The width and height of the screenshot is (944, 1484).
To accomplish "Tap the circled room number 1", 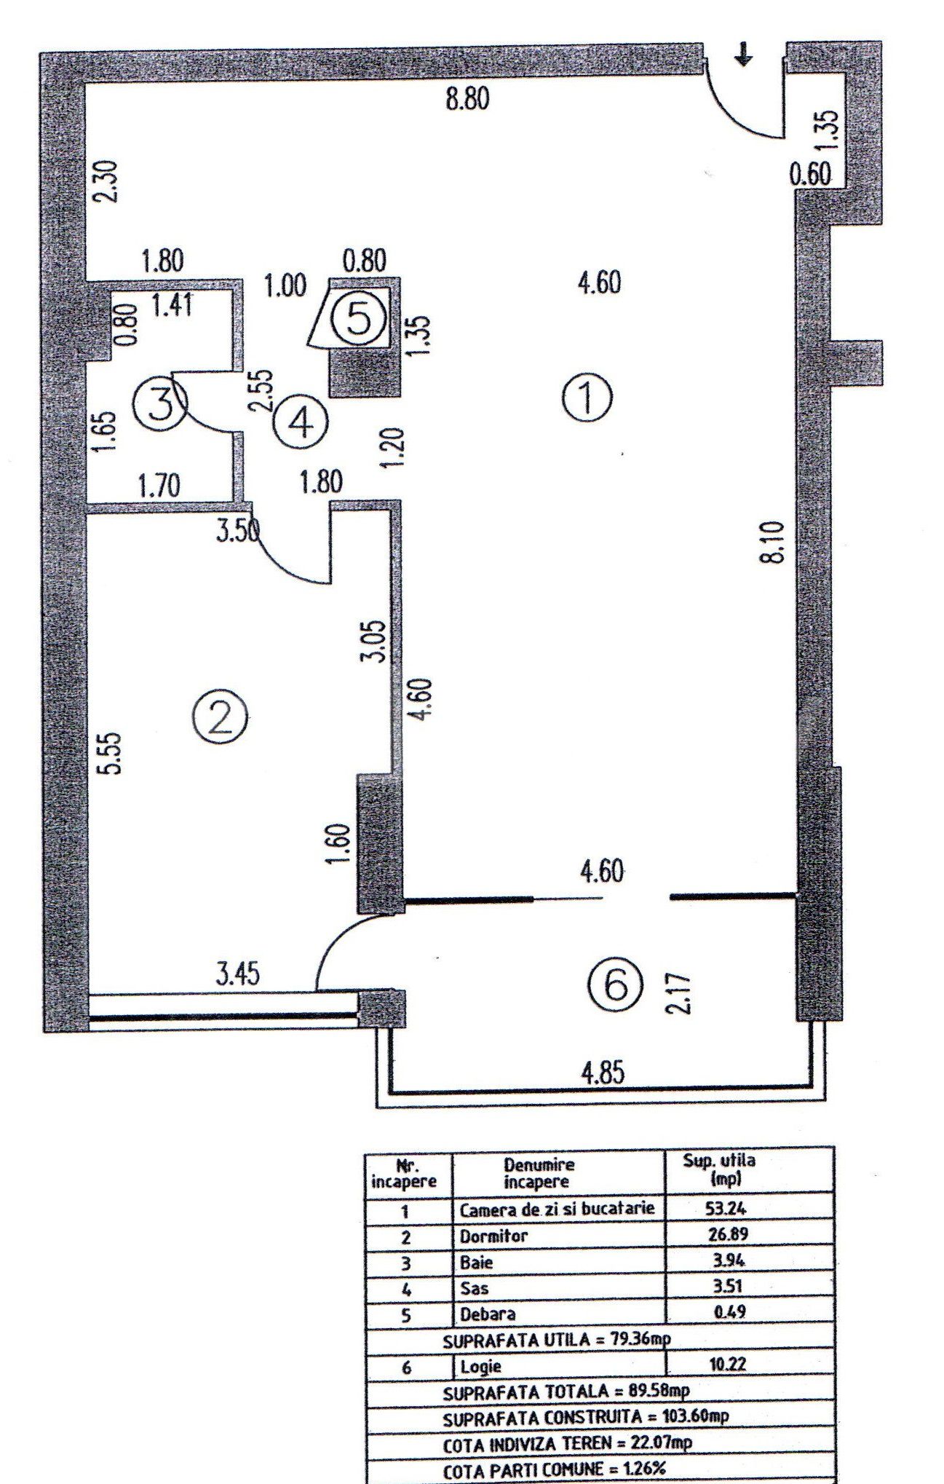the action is click(x=588, y=398).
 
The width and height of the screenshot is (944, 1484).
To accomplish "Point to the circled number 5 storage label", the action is click(x=357, y=319).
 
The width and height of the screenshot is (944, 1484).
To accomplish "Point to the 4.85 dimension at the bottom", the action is click(x=603, y=1073).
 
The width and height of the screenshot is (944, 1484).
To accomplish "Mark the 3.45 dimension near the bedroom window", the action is click(x=237, y=973).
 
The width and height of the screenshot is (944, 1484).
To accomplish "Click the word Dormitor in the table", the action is click(x=493, y=1236).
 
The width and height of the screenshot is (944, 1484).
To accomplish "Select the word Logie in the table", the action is click(x=480, y=1366).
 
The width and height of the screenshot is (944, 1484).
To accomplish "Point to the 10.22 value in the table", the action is click(x=727, y=1364).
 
